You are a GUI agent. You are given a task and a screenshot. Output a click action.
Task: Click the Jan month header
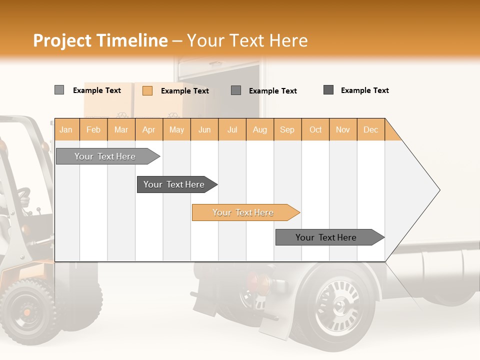66,129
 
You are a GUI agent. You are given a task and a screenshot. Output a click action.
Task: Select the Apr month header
149,129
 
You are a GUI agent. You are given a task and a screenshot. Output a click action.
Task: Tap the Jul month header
232,129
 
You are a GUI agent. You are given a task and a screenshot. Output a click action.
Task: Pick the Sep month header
287,129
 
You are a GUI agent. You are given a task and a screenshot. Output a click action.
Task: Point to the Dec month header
371,129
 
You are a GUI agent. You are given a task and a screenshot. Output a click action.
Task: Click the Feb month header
93,129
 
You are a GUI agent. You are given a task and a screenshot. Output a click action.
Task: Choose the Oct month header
315,129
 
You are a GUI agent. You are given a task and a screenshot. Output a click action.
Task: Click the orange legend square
147,90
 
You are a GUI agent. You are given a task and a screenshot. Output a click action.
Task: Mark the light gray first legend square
59,90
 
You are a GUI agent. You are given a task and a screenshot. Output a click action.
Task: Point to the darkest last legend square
328,90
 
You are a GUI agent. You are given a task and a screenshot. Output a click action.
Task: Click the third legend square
236,90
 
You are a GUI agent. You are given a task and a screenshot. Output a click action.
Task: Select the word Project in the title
62,40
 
